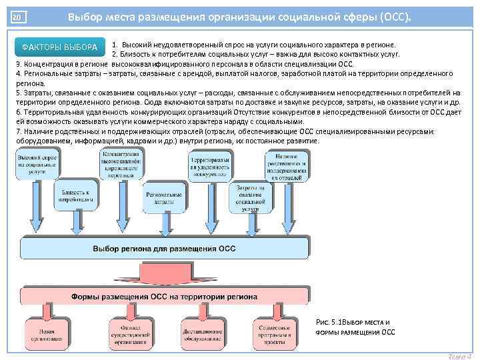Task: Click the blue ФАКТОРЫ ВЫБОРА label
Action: coord(59,47)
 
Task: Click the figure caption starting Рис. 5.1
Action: coord(355,327)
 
